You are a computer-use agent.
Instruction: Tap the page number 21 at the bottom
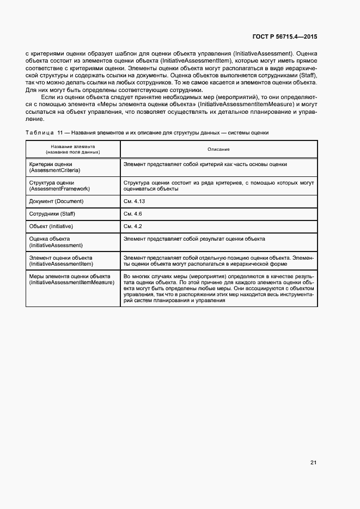(313, 462)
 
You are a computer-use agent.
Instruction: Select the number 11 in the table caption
(60, 132)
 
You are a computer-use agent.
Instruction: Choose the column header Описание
(218, 149)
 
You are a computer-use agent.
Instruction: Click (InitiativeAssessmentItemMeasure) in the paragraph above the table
(247, 104)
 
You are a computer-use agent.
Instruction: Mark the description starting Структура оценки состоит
(218, 186)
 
